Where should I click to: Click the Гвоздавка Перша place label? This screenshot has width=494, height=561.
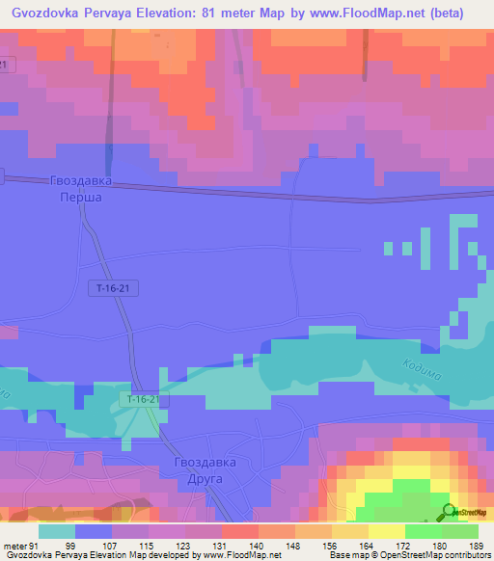(81, 187)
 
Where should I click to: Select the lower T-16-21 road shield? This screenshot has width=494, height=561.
(142, 399)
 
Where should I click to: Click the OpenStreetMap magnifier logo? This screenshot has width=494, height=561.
(449, 511)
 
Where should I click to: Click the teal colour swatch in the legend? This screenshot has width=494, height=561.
(57, 530)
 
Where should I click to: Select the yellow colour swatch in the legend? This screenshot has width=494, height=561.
(386, 530)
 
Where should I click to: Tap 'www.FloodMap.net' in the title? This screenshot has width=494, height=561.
(370, 13)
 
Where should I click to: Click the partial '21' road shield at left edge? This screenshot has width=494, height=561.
(8, 64)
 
